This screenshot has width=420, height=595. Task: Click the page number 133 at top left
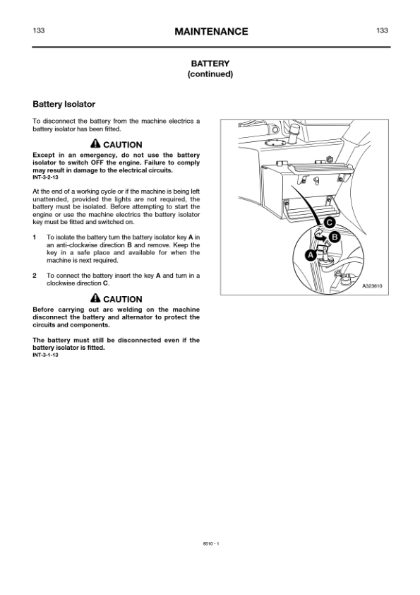click(40, 31)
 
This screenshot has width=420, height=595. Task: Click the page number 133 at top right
click(383, 31)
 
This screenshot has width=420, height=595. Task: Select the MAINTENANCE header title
click(210, 32)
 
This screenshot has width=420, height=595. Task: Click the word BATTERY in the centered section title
click(210, 64)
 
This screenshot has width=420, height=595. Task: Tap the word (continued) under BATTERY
click(210, 74)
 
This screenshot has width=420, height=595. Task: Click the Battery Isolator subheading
click(64, 105)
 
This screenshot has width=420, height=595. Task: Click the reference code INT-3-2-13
click(47, 177)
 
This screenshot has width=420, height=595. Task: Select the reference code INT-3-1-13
click(47, 355)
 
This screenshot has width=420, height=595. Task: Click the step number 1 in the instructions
click(35, 237)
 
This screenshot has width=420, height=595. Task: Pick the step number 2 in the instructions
click(35, 275)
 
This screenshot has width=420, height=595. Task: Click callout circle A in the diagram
click(308, 254)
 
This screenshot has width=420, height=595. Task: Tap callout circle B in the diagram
click(335, 236)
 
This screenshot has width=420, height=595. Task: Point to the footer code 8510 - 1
click(210, 543)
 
